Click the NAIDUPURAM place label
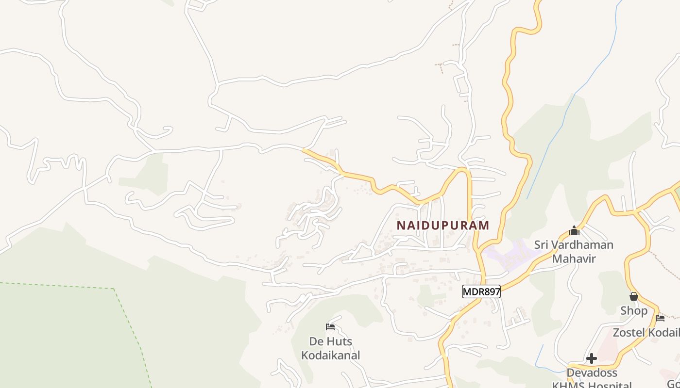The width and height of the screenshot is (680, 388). [x=443, y=226]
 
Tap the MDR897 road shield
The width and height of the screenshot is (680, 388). [x=481, y=291]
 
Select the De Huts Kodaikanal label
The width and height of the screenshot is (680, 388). [x=331, y=348]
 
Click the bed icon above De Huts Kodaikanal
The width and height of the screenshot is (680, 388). [x=330, y=326]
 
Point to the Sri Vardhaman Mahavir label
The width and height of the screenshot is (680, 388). [x=574, y=251]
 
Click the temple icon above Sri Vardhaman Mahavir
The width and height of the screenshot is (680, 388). [x=574, y=231]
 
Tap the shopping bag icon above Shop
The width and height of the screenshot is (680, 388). [x=634, y=296]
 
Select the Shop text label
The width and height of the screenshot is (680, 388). [x=634, y=310]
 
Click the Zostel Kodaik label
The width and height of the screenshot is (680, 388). [x=646, y=333]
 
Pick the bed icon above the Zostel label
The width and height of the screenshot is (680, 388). [x=660, y=318]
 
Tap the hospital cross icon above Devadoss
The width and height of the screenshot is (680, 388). [x=592, y=358]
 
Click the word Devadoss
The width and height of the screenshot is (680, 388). [x=592, y=372]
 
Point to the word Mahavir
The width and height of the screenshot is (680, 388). [x=574, y=259]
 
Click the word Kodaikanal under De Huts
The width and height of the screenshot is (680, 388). [x=331, y=356]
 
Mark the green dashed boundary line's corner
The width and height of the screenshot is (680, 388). [x=114, y=289]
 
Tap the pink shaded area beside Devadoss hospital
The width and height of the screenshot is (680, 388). [x=607, y=347]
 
